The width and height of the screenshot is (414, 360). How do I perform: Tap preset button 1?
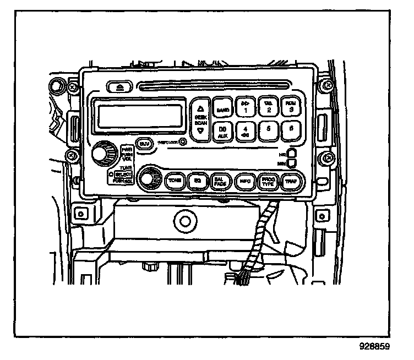(246, 107)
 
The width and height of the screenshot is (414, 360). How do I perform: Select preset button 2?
(268, 107)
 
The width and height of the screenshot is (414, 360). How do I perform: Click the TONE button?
(175, 180)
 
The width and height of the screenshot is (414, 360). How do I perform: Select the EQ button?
(196, 180)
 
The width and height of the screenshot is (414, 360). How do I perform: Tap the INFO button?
(244, 180)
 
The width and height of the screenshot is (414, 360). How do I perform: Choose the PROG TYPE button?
(267, 180)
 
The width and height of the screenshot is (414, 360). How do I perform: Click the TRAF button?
(290, 180)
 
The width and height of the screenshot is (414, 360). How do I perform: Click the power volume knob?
(101, 154)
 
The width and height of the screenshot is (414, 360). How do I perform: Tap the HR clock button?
(292, 152)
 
